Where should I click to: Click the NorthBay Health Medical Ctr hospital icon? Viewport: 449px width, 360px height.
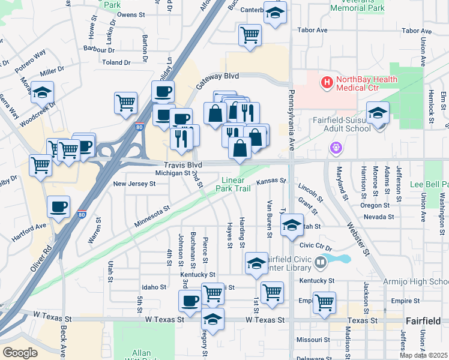click(327, 82)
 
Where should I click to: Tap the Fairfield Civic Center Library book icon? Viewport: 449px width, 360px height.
click(322, 262)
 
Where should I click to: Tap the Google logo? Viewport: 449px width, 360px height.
click(20, 353)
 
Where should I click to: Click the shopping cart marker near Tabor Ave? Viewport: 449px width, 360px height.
click(250, 35)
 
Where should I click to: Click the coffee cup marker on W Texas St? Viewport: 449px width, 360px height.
click(190, 300)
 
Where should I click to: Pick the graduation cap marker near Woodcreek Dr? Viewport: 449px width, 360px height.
click(42, 92)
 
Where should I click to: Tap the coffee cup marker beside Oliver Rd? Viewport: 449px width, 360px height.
click(59, 206)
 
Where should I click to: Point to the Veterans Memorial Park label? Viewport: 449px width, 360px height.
click(357, 6)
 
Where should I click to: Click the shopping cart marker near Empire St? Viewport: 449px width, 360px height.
click(324, 302)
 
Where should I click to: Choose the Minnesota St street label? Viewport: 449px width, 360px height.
click(152, 217)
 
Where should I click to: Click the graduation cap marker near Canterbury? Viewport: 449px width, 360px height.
click(275, 13)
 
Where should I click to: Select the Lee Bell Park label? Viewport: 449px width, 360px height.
click(429, 184)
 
